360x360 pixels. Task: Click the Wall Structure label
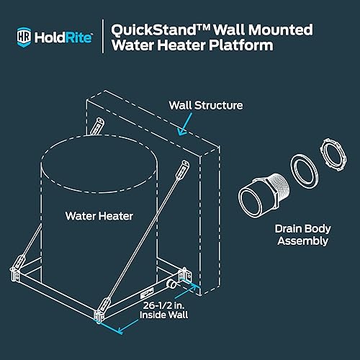206,106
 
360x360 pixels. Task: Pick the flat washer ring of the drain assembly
306,176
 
